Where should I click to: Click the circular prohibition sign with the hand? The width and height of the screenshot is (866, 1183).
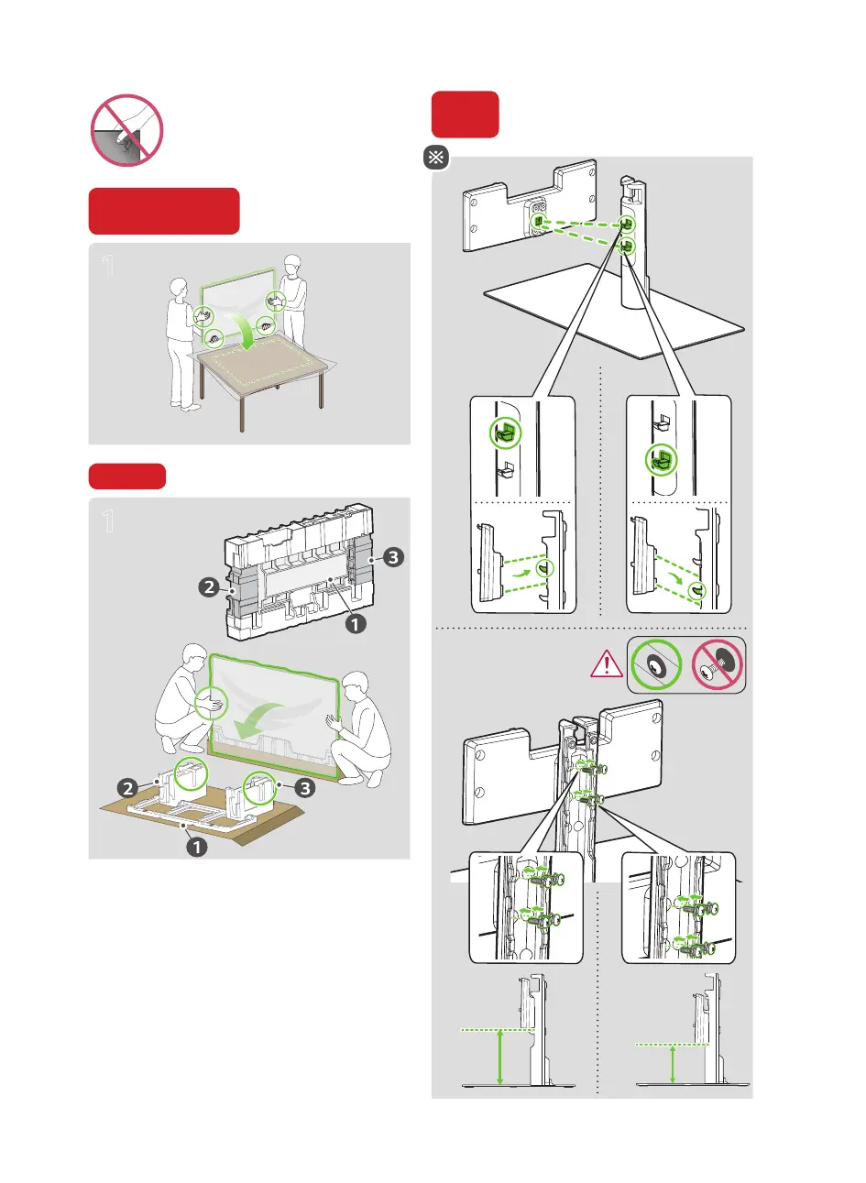click(127, 130)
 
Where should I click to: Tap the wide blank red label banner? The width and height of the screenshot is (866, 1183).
click(164, 212)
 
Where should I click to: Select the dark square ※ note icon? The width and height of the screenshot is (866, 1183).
click(435, 158)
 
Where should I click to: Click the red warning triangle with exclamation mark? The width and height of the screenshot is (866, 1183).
click(607, 663)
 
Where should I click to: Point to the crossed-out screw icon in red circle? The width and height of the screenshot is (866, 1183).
click(718, 664)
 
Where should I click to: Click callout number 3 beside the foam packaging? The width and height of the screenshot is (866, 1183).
click(393, 557)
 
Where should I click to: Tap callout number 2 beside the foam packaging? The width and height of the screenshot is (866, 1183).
click(210, 586)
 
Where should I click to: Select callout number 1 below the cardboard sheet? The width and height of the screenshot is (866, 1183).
click(196, 847)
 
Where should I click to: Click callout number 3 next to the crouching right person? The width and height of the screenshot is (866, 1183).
click(304, 786)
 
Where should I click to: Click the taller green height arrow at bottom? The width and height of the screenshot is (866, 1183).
click(499, 1057)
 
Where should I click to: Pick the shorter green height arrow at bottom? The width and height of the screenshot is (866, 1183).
click(674, 1064)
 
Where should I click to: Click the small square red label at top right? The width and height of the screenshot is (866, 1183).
click(466, 115)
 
